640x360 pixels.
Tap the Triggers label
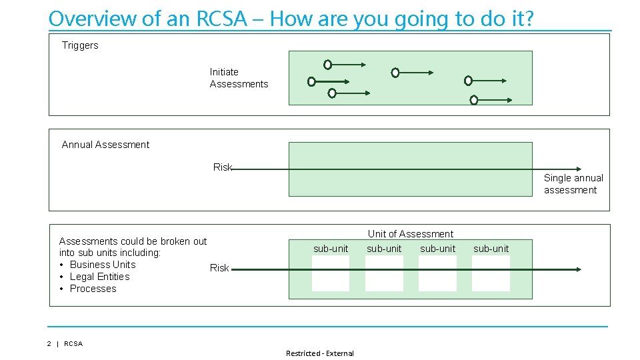click(x=80, y=45)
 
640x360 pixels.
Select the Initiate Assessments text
click(x=239, y=78)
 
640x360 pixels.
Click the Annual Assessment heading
click(x=105, y=145)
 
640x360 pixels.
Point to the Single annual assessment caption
click(x=573, y=184)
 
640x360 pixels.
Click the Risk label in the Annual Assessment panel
click(x=222, y=167)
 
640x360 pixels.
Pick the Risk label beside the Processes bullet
click(x=219, y=268)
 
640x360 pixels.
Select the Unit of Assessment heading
click(x=410, y=234)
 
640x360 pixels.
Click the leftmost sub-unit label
click(x=331, y=249)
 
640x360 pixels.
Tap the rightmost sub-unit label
click(x=491, y=249)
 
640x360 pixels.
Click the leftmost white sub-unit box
click(x=331, y=273)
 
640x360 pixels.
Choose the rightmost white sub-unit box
click(x=491, y=273)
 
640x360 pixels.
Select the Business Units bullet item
click(x=103, y=265)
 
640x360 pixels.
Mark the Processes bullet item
click(x=93, y=289)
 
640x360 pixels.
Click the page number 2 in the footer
click(x=49, y=344)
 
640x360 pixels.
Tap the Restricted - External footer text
click(x=320, y=353)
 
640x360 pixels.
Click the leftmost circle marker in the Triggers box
click(x=311, y=81)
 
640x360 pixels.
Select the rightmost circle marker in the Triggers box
click(x=474, y=100)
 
